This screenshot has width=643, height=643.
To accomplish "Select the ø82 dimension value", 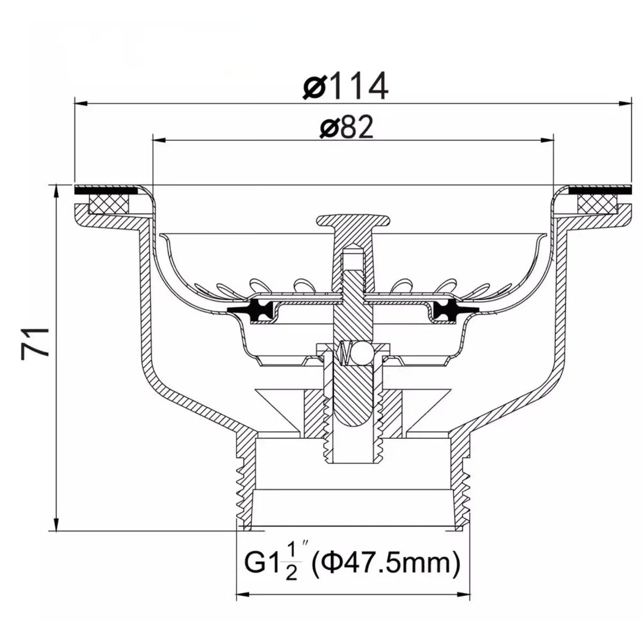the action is click(346, 128).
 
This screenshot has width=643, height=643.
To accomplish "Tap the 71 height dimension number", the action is click(34, 343).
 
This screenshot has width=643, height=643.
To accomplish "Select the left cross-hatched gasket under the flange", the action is click(109, 205).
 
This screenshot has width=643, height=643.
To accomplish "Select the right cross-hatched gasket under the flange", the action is click(597, 205).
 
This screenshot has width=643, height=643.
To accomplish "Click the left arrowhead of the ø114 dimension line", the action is click(81, 103).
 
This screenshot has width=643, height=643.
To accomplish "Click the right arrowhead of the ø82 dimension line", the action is click(547, 140).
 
